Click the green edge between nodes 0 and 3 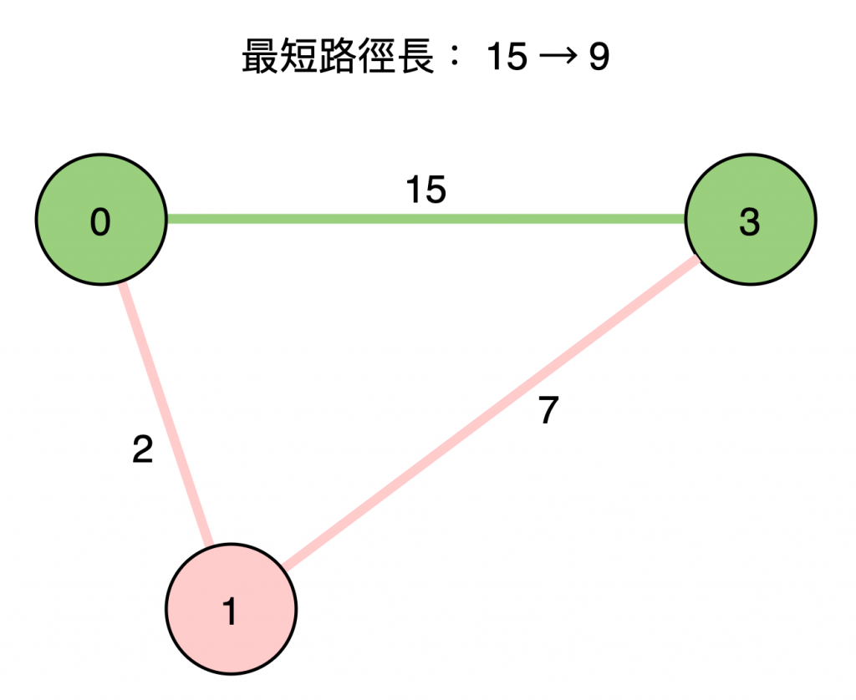(x=426, y=219)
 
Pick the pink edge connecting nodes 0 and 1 (x=166, y=413)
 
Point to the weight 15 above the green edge (x=426, y=191)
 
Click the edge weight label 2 (x=143, y=451)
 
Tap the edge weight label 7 (x=548, y=411)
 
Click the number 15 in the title (x=507, y=58)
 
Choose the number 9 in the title (x=599, y=58)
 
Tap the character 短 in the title (x=297, y=58)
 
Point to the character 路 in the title (x=337, y=58)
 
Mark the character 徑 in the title (x=376, y=58)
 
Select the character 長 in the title (x=415, y=58)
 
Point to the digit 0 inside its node (x=100, y=223)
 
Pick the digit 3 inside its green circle (x=750, y=223)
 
